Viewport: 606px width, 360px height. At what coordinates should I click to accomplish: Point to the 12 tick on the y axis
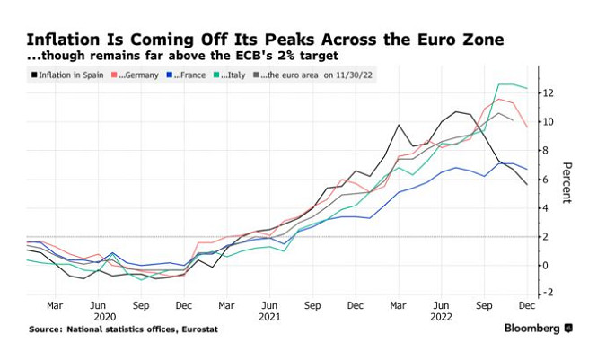(546, 93)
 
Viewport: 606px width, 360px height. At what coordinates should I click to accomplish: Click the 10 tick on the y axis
(546, 122)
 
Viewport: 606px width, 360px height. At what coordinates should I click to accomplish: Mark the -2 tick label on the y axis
(546, 294)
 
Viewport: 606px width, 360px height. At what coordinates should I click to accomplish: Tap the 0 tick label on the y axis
(543, 265)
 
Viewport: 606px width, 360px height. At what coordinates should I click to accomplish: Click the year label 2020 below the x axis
(106, 317)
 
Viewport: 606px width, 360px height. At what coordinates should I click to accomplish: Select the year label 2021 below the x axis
(270, 317)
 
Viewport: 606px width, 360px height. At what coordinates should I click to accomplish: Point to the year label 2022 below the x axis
(440, 317)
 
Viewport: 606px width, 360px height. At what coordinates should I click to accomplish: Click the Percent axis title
(566, 183)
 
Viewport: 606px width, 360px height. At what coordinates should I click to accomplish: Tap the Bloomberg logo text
(531, 329)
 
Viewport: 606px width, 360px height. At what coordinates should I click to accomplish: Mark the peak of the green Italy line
(500, 84)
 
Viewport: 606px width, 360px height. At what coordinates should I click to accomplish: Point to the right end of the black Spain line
(527, 184)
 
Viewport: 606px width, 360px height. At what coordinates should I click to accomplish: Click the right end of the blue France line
(527, 169)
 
